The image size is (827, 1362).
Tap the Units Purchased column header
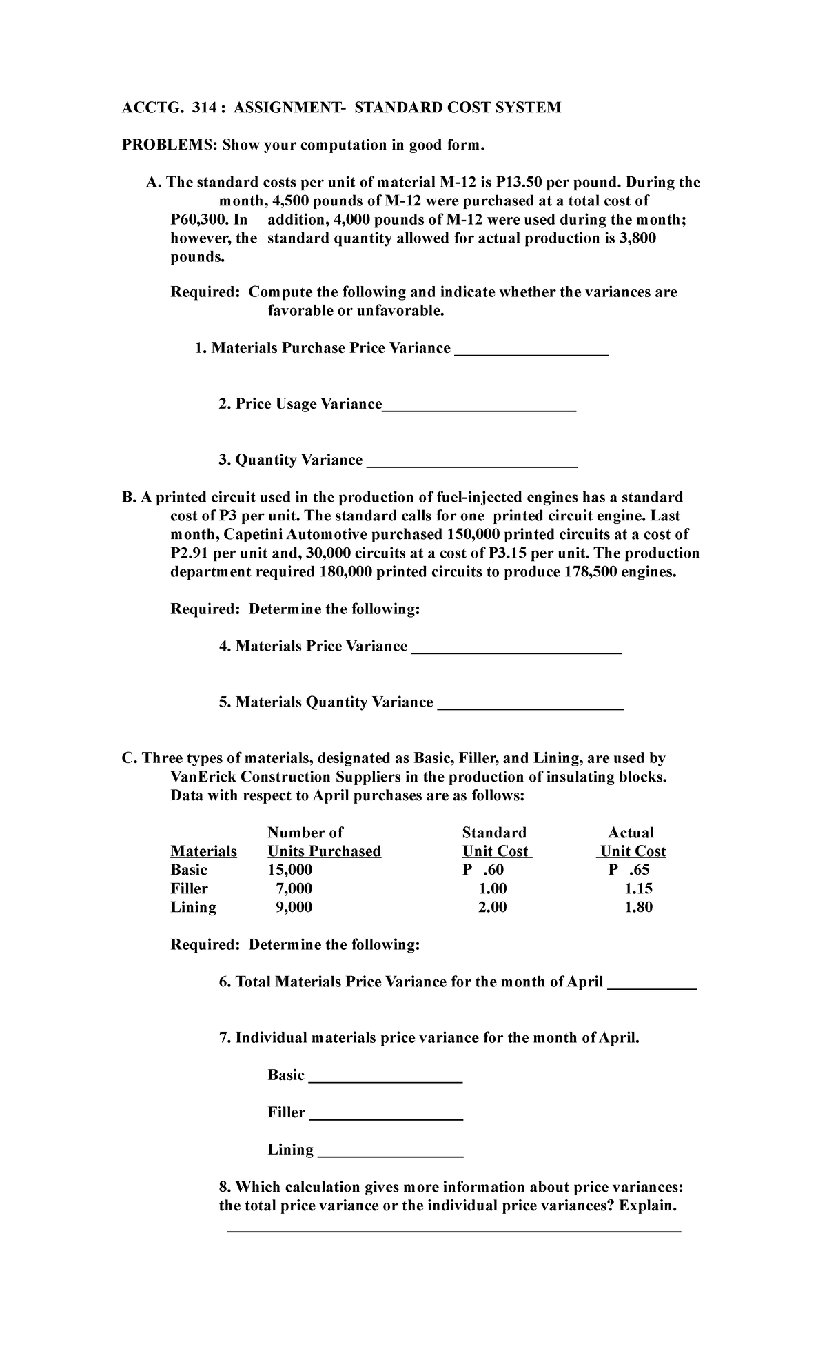click(x=324, y=851)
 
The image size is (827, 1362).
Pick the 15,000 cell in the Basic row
click(x=289, y=870)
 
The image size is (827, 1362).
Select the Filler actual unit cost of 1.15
click(x=638, y=888)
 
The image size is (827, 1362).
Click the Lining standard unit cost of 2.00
click(x=492, y=907)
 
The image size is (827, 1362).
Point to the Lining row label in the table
click(x=193, y=907)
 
